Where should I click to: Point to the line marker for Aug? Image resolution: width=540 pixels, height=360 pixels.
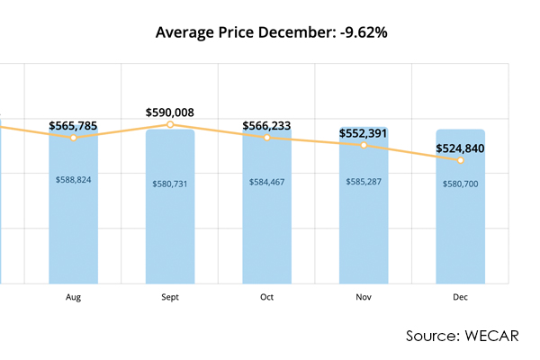(74, 138)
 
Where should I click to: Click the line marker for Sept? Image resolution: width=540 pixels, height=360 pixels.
(170, 124)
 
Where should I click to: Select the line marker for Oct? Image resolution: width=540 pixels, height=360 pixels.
(267, 138)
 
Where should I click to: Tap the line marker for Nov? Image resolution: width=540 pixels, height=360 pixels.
(364, 145)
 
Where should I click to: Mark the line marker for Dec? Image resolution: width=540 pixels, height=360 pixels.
(461, 160)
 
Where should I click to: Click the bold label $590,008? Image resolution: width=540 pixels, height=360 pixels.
(170, 112)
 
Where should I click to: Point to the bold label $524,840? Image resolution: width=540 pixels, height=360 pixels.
(461, 148)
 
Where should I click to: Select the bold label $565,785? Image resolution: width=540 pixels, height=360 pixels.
(74, 126)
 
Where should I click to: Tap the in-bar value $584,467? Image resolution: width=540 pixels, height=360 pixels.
(267, 182)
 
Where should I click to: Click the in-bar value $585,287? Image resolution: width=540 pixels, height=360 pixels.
(364, 182)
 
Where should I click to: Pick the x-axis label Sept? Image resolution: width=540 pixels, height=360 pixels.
(170, 296)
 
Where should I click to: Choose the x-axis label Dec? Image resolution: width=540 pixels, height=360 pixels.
(461, 296)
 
